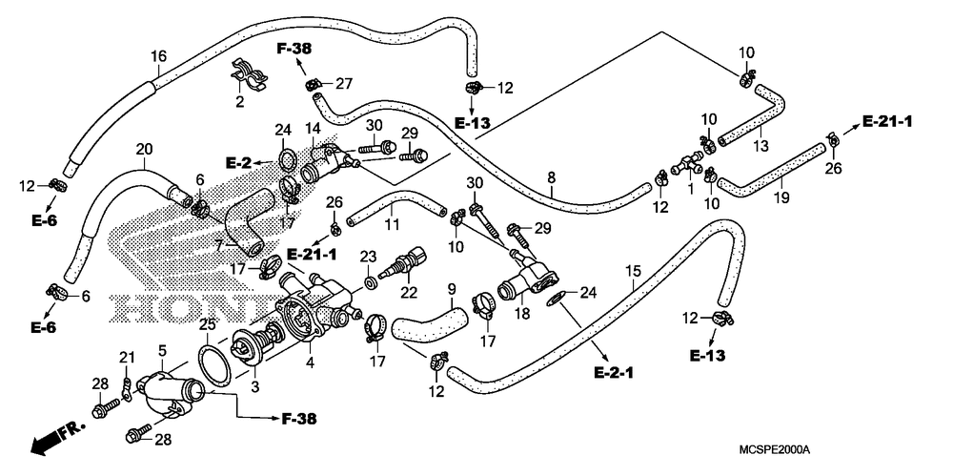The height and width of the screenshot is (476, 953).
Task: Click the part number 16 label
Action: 158,56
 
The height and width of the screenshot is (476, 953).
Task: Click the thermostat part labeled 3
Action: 256,348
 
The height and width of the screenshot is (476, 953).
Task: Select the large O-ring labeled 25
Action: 213,366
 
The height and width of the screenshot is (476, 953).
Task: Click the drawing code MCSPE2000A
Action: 775,450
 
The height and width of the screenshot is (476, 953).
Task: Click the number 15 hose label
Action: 633,269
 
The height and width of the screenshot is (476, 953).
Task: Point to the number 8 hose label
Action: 551,177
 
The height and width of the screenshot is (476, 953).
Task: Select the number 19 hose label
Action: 781,197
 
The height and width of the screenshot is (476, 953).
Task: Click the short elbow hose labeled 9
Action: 431,323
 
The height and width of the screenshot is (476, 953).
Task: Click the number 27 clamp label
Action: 344,84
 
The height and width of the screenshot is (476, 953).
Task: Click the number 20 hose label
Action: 144,149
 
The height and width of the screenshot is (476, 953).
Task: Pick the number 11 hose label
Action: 392,225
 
